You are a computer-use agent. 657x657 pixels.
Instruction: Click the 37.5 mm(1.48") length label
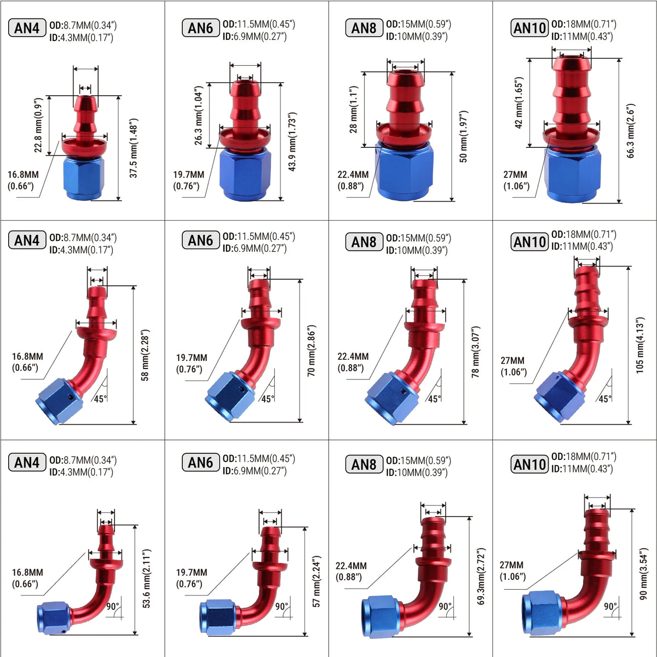tap(134, 148)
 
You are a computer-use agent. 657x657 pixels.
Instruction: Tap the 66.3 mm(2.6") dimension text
tap(631, 131)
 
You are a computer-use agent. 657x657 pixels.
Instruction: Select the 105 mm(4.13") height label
tap(639, 345)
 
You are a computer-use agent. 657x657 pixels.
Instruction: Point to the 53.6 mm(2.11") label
tap(146, 579)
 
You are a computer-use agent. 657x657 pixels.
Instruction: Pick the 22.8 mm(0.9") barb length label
tap(38, 125)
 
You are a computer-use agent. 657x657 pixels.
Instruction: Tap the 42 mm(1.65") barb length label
tap(518, 102)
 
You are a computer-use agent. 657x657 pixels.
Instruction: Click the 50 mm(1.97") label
tap(463, 136)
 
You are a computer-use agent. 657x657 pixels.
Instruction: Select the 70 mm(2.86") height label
tap(312, 350)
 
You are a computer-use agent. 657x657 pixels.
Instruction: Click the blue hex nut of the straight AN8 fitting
tap(405, 172)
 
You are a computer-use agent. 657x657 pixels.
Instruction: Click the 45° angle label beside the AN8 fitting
tap(435, 399)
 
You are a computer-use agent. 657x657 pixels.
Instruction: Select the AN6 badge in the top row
tap(201, 28)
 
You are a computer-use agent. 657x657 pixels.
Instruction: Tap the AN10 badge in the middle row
tap(529, 242)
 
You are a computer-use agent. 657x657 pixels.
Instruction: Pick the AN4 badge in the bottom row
tap(27, 462)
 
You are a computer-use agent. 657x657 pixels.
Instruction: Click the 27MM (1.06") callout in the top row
tap(516, 180)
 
